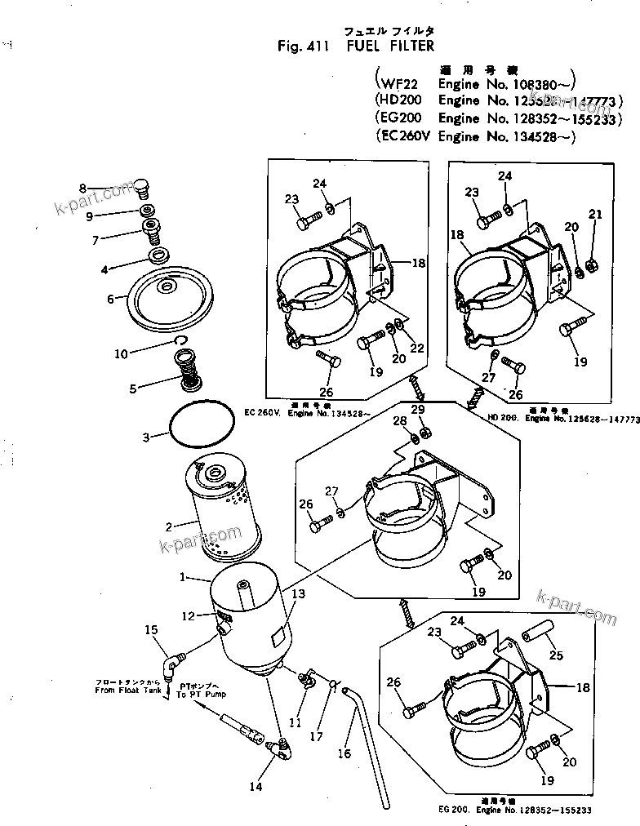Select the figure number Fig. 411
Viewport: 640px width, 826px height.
coord(302,47)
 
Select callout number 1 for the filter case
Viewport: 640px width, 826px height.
coord(184,577)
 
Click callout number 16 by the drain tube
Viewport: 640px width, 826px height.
coord(344,753)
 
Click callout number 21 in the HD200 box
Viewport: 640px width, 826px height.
coord(595,214)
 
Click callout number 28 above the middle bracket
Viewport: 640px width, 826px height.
coord(399,420)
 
